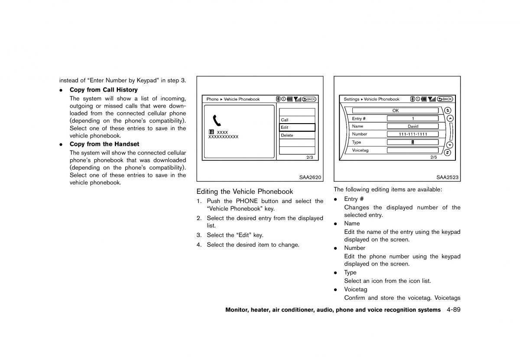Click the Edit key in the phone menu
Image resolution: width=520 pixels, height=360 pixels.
(297, 128)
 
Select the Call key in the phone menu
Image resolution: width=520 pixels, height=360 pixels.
(297, 120)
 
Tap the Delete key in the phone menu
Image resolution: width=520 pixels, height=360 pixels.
(297, 135)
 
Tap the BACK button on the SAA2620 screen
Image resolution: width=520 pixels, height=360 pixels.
(309, 99)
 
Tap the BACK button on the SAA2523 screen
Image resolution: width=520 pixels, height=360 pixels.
(445, 99)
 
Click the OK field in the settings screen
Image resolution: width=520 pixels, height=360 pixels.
(395, 111)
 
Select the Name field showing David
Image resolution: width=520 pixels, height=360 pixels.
(413, 126)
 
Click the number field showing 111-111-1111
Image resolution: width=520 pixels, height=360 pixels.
(413, 134)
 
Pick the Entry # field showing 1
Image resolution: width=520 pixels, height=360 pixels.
(413, 118)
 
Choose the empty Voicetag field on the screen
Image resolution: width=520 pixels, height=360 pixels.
(413, 150)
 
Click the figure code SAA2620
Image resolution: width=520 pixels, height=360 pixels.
(310, 177)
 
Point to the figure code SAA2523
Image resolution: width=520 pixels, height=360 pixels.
(447, 177)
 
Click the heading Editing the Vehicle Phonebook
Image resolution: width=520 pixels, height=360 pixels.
(244, 191)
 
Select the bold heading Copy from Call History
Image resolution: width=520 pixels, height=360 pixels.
(104, 90)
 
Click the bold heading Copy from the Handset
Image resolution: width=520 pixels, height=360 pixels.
(104, 144)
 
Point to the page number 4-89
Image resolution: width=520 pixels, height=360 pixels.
(451, 310)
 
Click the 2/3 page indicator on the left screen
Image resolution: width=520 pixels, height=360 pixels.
(309, 157)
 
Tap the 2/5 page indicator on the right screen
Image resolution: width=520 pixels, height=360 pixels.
(434, 157)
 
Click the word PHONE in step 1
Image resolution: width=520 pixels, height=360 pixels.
(247, 201)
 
